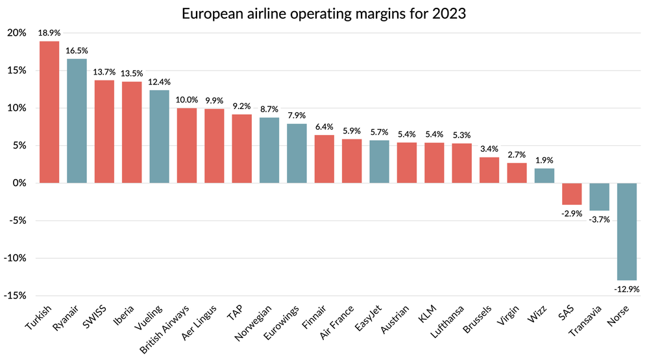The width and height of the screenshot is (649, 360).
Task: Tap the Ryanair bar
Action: point(77,121)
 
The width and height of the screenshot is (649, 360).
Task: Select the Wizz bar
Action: point(545,176)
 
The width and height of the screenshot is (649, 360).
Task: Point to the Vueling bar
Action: point(159,136)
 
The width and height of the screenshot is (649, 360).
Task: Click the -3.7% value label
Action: point(599,219)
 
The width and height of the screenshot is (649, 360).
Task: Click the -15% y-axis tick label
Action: point(16,295)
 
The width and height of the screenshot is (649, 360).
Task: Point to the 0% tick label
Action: point(19,183)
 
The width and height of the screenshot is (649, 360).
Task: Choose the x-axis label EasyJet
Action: point(367,318)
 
